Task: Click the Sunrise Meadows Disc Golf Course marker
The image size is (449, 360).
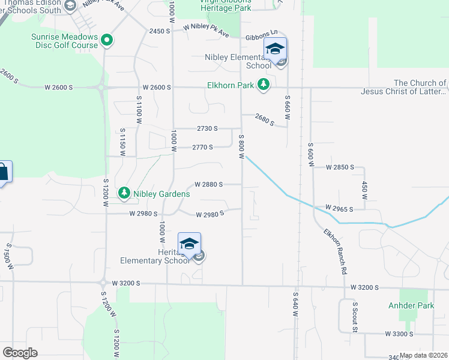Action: [107, 41]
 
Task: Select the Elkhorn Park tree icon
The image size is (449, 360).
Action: [263, 85]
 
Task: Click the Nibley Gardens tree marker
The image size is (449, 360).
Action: [124, 193]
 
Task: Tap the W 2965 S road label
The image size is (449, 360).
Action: [339, 208]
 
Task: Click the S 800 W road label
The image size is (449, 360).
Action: [241, 147]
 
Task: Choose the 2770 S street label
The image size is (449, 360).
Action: [203, 147]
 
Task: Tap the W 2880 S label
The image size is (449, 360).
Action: [209, 184]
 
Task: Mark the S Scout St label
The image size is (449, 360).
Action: [355, 317]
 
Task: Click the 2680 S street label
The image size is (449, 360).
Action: [264, 119]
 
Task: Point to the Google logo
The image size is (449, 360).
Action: [20, 353]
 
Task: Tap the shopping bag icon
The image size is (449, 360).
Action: [3, 173]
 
